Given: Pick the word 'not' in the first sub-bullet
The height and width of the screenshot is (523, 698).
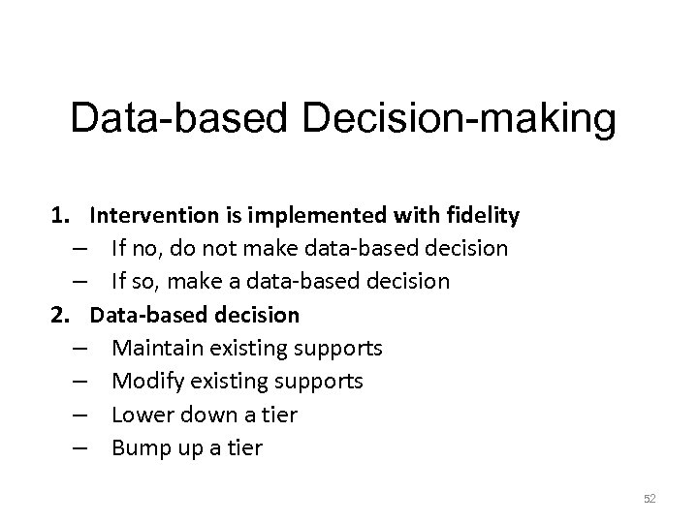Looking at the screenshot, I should point(222,249).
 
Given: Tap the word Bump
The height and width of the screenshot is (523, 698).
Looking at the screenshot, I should point(138,448).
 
